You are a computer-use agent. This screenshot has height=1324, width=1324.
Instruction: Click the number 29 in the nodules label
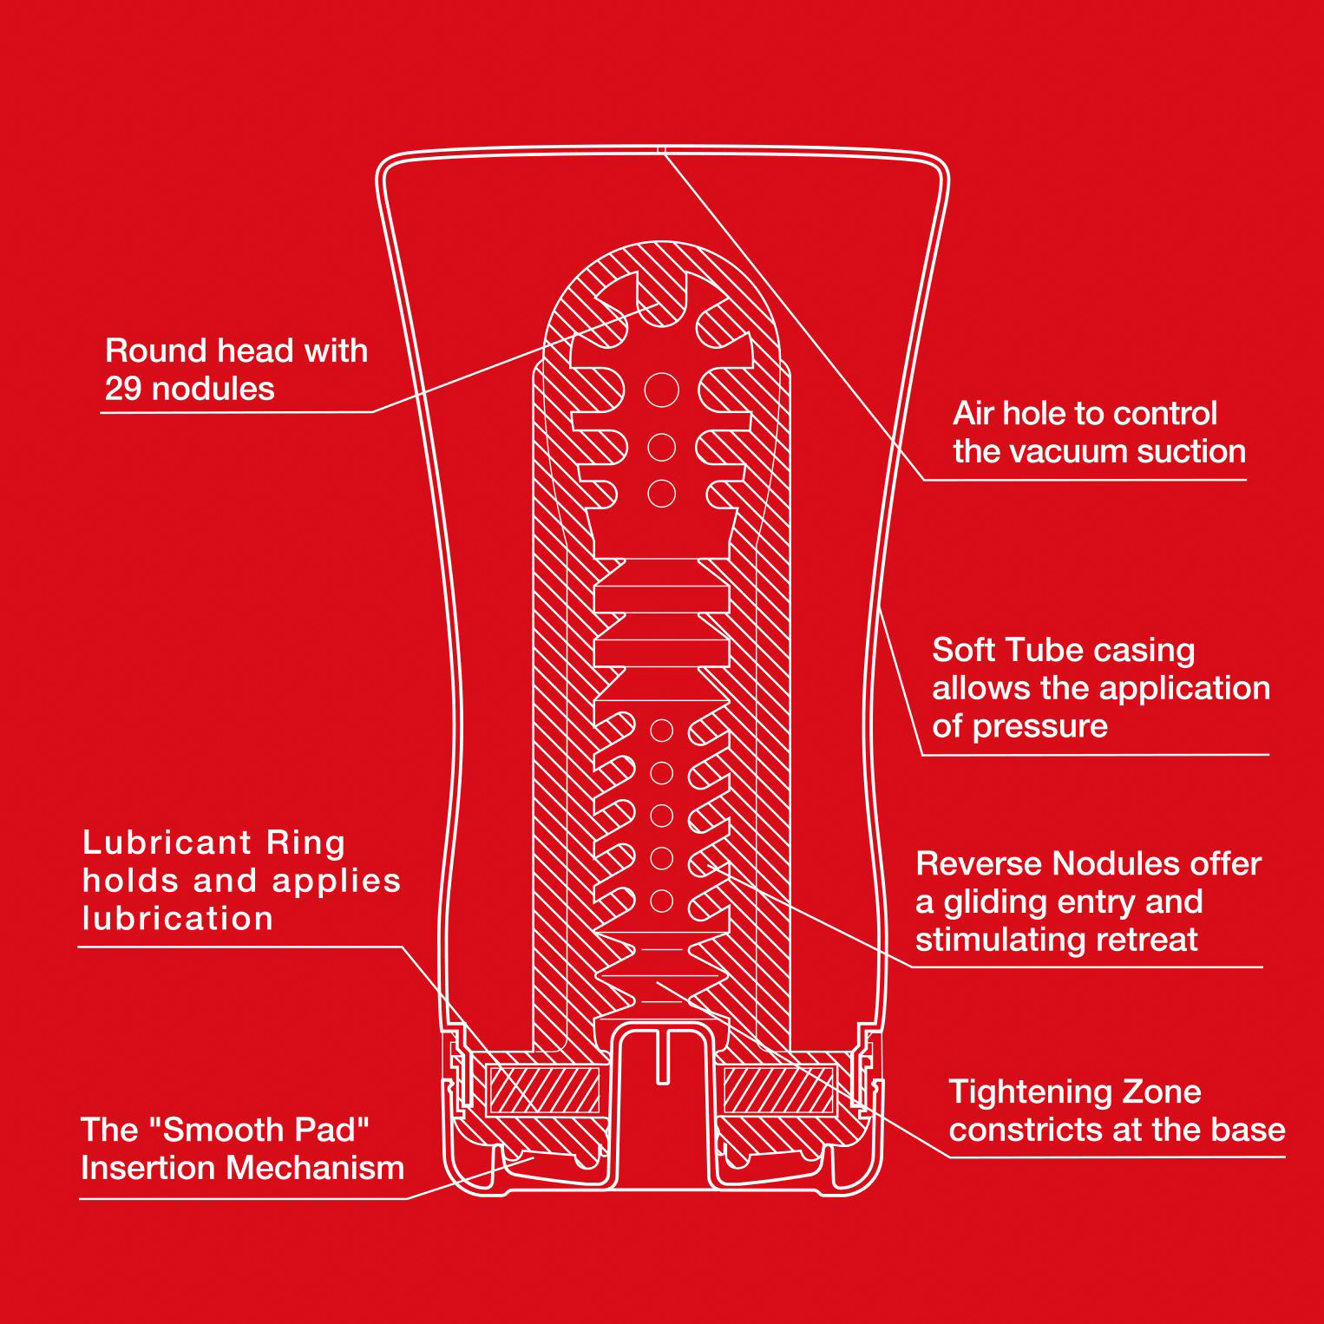coord(123,389)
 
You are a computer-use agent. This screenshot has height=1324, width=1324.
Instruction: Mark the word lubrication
coord(178,918)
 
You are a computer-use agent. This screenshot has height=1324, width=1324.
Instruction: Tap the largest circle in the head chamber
coord(661,390)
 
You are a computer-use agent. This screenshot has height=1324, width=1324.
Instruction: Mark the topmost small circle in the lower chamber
coord(661,731)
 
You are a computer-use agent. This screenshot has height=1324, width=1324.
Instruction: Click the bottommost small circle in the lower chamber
coord(661,901)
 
